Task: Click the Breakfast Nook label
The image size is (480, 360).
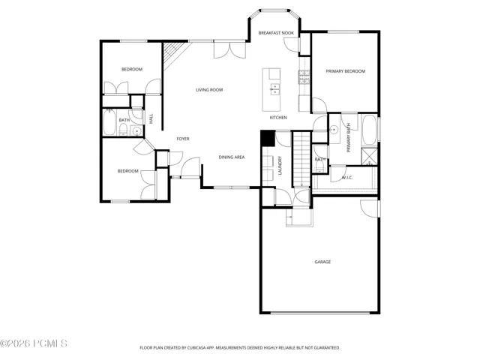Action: click(x=276, y=33)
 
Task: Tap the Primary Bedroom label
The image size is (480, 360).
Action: click(x=345, y=71)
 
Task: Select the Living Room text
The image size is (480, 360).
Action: click(x=209, y=90)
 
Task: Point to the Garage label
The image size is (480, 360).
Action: click(x=322, y=262)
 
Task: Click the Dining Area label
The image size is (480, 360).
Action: click(x=232, y=157)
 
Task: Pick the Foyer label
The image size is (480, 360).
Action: click(x=183, y=139)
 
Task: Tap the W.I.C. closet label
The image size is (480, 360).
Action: click(x=347, y=178)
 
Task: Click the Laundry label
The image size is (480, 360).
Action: click(x=280, y=166)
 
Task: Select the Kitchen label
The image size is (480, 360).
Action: click(x=278, y=117)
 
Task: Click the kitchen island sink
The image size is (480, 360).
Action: click(x=274, y=89)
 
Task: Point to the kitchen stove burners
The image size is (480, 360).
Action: click(x=304, y=76)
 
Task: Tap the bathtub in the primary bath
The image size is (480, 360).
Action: click(x=369, y=130)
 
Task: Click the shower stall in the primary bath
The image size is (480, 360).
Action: click(x=370, y=157)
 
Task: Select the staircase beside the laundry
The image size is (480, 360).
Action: click(x=301, y=159)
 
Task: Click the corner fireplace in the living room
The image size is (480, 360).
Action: click(x=173, y=55)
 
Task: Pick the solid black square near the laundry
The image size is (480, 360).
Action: click(x=268, y=138)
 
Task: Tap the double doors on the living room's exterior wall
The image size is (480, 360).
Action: click(x=229, y=49)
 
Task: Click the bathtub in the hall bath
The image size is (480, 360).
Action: click(x=109, y=122)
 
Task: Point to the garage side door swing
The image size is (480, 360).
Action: click(x=370, y=208)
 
